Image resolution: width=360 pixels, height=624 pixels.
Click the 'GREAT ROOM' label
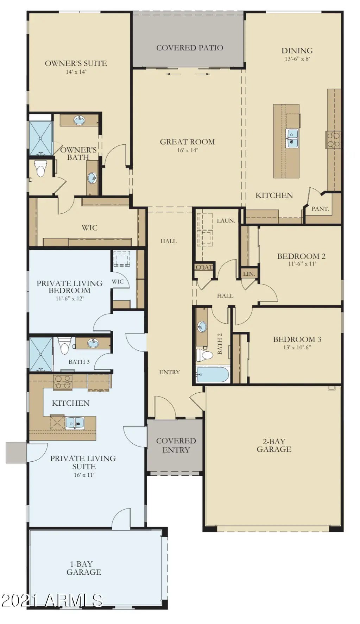187,142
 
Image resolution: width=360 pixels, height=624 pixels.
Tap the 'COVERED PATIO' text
190,48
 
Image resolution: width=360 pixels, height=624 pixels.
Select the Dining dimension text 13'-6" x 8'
297,59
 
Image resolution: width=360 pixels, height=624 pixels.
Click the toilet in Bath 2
204,355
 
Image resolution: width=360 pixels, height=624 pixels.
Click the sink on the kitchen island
292,138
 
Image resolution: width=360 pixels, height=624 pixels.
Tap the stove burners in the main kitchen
333,139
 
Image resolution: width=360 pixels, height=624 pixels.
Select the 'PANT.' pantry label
320,209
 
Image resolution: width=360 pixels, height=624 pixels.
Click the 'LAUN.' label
226,221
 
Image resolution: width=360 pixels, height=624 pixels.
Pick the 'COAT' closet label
204,267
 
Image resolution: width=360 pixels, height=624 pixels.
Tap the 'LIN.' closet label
249,274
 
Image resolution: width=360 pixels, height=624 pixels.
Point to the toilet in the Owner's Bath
41,168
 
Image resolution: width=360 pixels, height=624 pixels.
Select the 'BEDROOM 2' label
301,256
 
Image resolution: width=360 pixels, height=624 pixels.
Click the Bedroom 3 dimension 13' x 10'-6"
297,348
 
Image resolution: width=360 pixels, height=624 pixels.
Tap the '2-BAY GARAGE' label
274,445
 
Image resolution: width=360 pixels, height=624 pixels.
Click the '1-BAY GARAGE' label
84,568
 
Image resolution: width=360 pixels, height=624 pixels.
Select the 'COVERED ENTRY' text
176,445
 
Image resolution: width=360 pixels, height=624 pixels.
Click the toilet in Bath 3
64,345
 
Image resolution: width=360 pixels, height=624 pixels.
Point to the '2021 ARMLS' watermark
52,600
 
